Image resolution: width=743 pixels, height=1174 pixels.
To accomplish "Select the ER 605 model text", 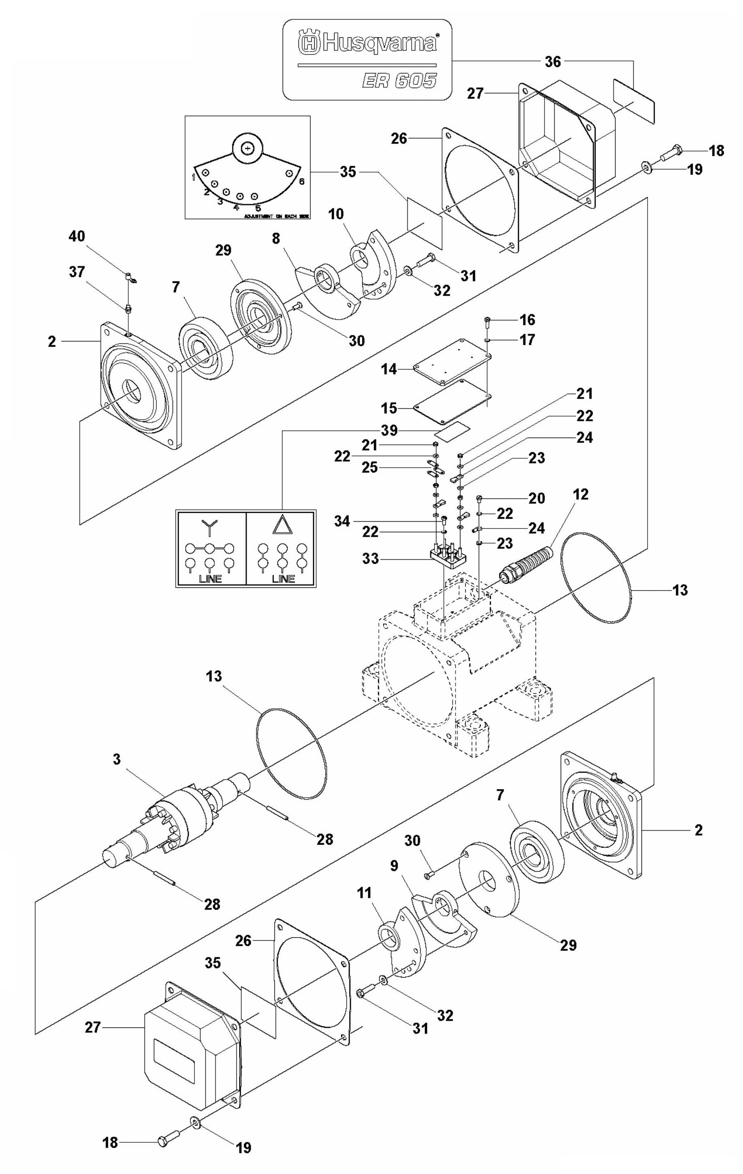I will click(x=399, y=80).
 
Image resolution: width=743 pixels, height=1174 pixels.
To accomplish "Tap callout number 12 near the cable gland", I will click(x=580, y=494).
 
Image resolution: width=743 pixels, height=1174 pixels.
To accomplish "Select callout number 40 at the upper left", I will click(x=77, y=236).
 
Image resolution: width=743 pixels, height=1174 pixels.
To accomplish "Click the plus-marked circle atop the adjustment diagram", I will click(x=248, y=147).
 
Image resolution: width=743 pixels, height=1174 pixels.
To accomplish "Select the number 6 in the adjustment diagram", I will click(x=301, y=181).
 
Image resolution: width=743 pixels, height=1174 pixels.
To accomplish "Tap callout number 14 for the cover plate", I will click(x=389, y=369).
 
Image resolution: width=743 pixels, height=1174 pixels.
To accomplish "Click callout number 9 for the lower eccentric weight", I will click(x=393, y=866).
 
